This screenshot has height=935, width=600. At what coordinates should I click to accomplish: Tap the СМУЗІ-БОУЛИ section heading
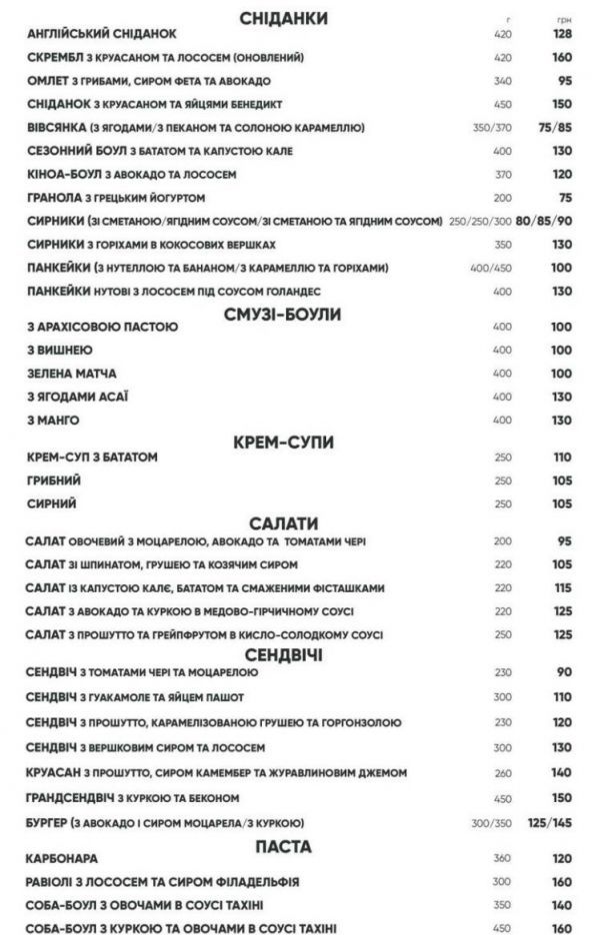pyautogui.click(x=283, y=315)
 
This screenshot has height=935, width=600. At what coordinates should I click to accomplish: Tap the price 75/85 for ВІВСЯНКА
pyautogui.click(x=554, y=128)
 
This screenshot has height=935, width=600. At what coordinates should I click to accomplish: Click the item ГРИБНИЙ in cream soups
pyautogui.click(x=51, y=480)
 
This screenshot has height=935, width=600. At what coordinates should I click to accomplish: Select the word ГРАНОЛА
pyautogui.click(x=56, y=197)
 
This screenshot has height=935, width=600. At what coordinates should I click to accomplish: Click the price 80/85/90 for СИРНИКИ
pyautogui.click(x=544, y=221)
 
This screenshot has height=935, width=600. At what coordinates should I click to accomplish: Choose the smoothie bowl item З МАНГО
pyautogui.click(x=53, y=420)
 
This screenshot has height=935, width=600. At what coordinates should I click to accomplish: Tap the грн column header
pyautogui.click(x=563, y=19)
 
